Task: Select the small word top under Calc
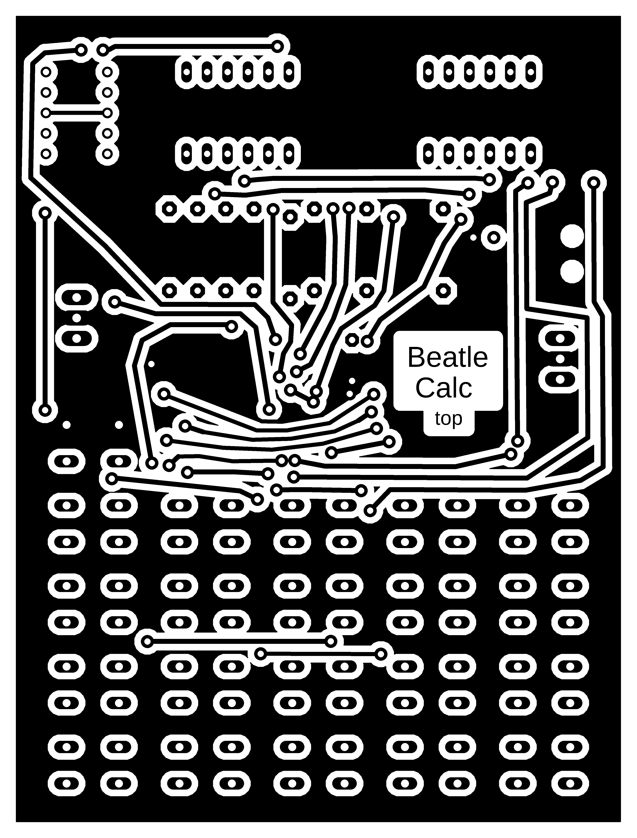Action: tap(449, 419)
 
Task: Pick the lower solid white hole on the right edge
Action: tap(572, 271)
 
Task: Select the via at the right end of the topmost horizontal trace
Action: tap(277, 46)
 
